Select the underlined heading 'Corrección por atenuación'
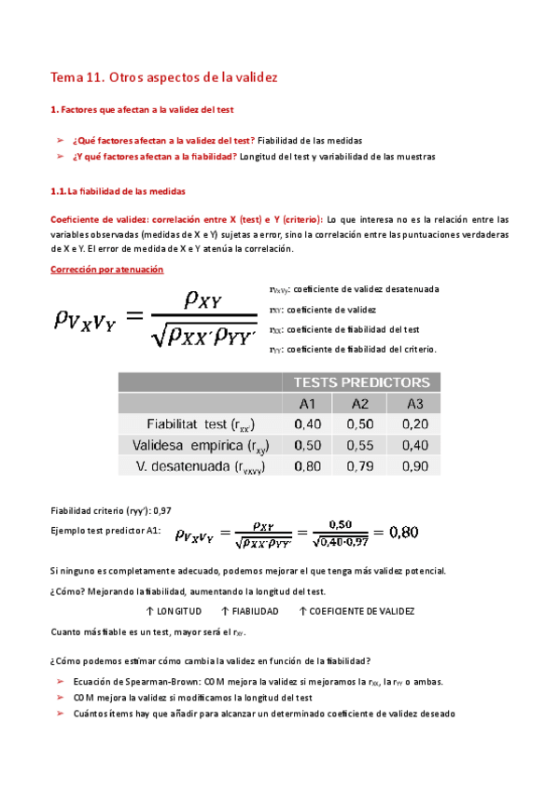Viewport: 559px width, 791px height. [x=105, y=270]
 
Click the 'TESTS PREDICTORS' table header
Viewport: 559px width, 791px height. [x=362, y=382]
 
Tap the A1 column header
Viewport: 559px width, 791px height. [x=307, y=403]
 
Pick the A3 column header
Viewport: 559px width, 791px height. [x=414, y=403]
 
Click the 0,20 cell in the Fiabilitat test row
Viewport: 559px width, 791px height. [x=414, y=423]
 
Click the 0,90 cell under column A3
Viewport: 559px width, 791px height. [x=414, y=466]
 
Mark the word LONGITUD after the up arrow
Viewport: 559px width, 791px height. [x=179, y=611]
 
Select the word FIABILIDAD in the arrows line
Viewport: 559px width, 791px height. [x=254, y=611]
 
